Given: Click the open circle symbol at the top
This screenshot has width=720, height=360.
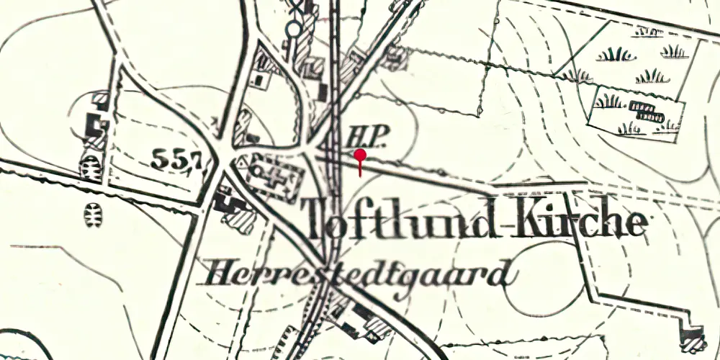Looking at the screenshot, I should tap(293, 30).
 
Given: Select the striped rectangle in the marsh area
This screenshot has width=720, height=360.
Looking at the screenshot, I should tap(646, 110).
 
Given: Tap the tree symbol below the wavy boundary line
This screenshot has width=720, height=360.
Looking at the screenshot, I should tap(93, 215).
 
